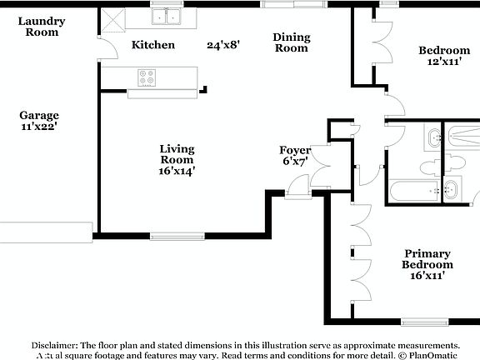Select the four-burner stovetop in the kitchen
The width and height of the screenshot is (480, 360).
tap(147, 77)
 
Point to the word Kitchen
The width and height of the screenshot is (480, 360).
tap(153, 45)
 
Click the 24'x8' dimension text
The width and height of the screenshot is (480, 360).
tap(223, 45)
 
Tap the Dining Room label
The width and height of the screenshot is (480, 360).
tap(292, 42)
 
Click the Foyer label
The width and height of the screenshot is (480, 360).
tap(294, 150)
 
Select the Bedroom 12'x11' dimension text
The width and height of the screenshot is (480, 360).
tap(443, 62)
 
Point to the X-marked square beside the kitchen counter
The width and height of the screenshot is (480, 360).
tap(112, 18)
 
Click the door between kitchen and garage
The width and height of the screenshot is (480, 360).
tap(101, 50)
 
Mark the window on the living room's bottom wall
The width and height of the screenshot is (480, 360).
tap(178, 237)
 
